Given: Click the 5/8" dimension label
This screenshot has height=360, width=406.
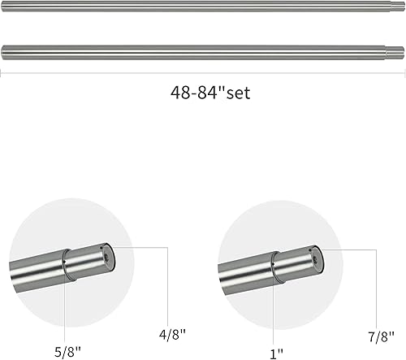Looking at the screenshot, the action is tap(67, 352).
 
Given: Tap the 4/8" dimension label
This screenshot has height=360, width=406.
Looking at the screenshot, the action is tap(172, 335).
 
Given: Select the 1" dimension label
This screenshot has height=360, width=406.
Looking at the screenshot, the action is tap(276, 353).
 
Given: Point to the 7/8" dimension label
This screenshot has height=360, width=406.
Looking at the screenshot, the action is tap(381, 336).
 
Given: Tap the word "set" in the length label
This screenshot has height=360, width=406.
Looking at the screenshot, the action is tap(239, 93).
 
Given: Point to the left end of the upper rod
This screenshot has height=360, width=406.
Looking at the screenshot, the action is tap(2, 7).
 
